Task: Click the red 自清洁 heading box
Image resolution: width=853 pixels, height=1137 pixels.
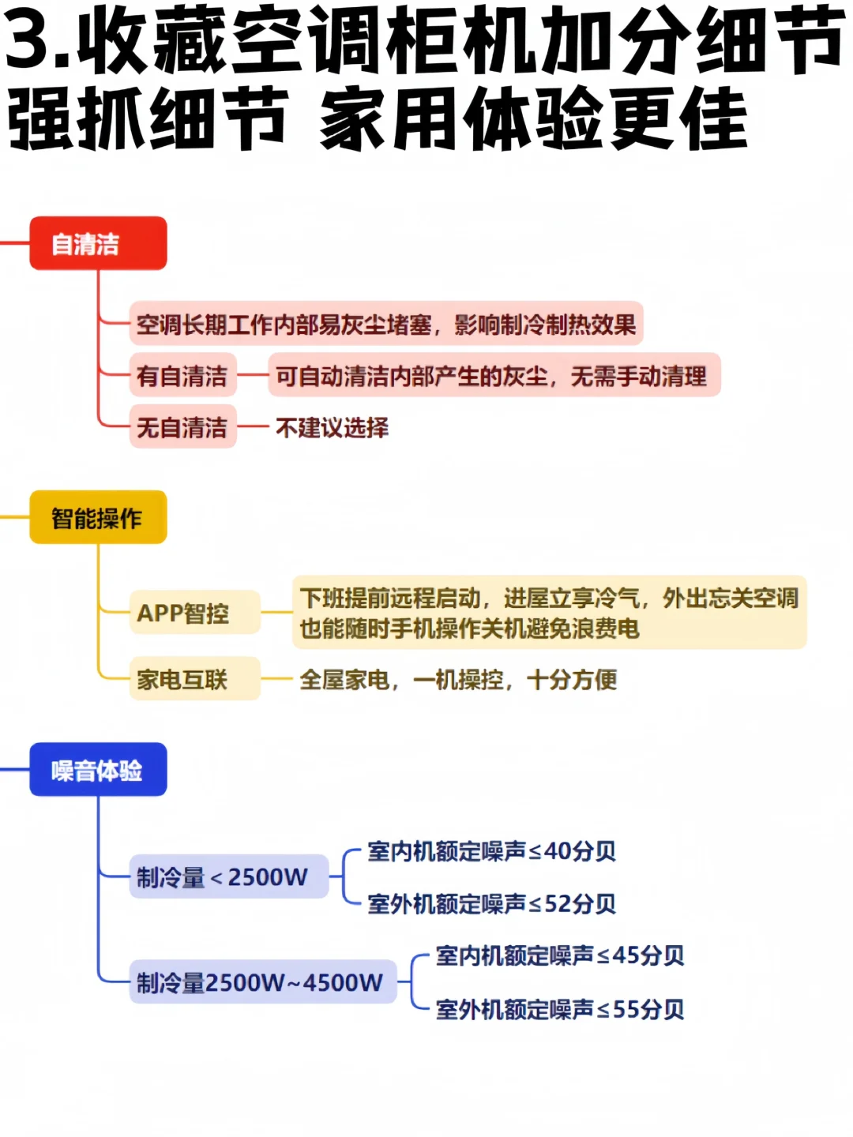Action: click(x=98, y=244)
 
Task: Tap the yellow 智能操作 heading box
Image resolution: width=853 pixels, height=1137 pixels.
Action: click(x=98, y=518)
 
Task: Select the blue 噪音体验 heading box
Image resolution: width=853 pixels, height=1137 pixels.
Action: click(x=98, y=770)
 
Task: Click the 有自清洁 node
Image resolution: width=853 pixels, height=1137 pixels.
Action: click(x=182, y=376)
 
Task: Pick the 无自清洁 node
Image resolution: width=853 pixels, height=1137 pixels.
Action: click(x=182, y=427)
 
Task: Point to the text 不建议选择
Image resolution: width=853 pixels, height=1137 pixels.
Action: click(x=332, y=428)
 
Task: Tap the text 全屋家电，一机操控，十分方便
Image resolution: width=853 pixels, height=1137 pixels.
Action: click(x=458, y=679)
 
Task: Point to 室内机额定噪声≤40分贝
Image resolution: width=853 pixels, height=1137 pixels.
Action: click(x=491, y=851)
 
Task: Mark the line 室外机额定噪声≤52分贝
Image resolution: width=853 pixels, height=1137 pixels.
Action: click(x=491, y=903)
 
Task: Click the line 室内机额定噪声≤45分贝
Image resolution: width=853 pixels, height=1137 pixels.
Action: click(x=559, y=955)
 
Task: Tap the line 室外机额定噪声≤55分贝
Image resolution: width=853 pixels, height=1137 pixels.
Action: click(x=559, y=1008)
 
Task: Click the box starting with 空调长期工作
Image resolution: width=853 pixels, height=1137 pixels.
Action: click(x=386, y=324)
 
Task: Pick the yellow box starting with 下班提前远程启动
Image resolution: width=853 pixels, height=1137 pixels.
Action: click(x=549, y=613)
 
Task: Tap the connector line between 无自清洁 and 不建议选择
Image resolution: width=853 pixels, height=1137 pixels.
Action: click(x=253, y=427)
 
